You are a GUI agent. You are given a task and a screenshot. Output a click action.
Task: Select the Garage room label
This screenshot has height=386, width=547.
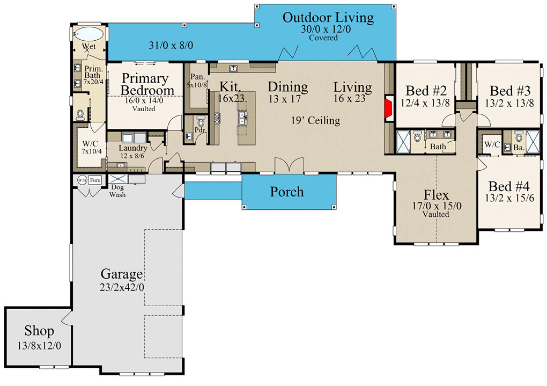(x=122, y=273)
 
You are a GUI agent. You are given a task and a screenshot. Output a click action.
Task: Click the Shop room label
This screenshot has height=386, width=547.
(x=39, y=330)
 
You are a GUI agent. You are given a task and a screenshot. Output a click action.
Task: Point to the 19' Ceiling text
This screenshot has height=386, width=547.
(x=316, y=120)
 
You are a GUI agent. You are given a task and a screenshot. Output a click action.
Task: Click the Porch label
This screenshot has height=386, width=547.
(x=287, y=192)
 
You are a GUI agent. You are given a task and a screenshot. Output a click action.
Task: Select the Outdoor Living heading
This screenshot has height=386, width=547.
(x=328, y=18)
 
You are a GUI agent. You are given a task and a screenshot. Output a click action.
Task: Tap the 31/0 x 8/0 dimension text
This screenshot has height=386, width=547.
(x=171, y=46)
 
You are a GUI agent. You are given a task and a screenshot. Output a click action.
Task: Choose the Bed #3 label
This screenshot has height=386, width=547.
(x=508, y=90)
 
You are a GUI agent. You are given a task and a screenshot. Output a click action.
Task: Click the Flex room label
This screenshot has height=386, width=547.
(x=436, y=194)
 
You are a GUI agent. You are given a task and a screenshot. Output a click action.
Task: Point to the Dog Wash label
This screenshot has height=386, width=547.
(x=118, y=191)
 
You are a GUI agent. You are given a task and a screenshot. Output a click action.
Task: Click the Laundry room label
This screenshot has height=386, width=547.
(x=132, y=148)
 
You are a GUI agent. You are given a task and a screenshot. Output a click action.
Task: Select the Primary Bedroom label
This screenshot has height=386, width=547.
(x=144, y=85)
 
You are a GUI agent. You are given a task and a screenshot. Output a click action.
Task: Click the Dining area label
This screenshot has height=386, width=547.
(x=288, y=87)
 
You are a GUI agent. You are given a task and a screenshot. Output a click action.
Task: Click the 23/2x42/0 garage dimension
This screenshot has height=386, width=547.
(x=121, y=287)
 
